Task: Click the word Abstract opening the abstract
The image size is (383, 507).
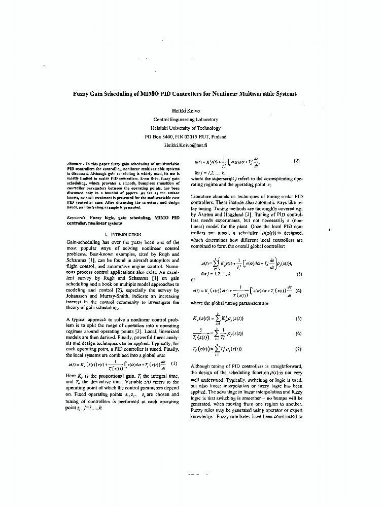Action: coord(75,164)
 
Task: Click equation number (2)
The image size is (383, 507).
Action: coord(297,161)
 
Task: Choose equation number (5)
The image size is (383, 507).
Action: coord(298,318)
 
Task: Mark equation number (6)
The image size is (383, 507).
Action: coord(298,334)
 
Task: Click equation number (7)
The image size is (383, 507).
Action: coord(298,349)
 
